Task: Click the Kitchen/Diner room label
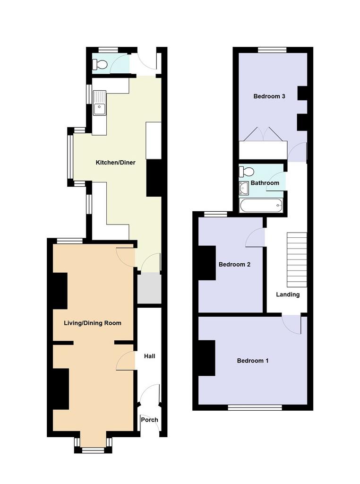pyautogui.click(x=115, y=163)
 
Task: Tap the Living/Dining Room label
pyautogui.click(x=92, y=323)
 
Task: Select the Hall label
pyautogui.click(x=149, y=356)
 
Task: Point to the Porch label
pyautogui.click(x=149, y=420)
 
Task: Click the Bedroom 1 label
pyautogui.click(x=252, y=361)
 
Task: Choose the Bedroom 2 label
pyautogui.click(x=234, y=264)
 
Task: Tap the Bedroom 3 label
pyautogui.click(x=269, y=96)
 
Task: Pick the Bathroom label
pyautogui.click(x=265, y=183)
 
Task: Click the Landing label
pyautogui.click(x=288, y=294)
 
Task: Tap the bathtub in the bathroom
pyautogui.click(x=261, y=205)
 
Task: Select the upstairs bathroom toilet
pyautogui.click(x=247, y=171)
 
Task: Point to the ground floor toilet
pyautogui.click(x=100, y=64)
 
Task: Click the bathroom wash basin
pyautogui.click(x=244, y=188)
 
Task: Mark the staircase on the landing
pyautogui.click(x=297, y=260)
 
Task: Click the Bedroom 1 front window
pyautogui.click(x=255, y=407)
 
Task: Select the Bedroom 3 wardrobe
pyautogui.click(x=263, y=150)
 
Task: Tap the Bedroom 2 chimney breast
pyautogui.click(x=206, y=263)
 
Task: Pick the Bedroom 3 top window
pyautogui.click(x=272, y=50)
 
